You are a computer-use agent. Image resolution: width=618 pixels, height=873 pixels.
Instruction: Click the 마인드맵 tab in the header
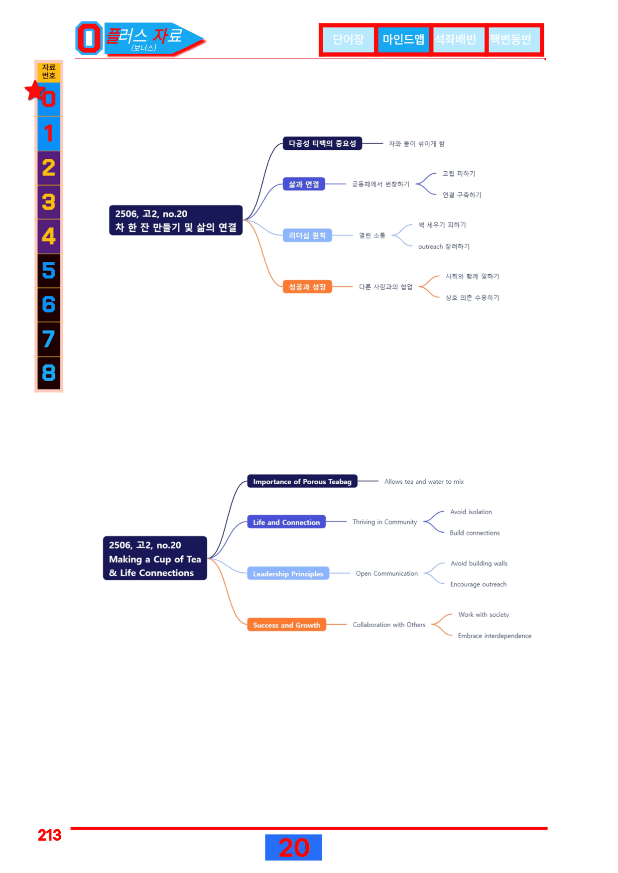click(x=403, y=39)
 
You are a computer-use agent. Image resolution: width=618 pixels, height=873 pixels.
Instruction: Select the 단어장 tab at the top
click(x=348, y=39)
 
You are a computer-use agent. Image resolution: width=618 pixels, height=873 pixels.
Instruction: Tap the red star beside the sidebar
click(x=35, y=91)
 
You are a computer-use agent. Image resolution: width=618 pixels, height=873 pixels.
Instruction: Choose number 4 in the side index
click(x=49, y=236)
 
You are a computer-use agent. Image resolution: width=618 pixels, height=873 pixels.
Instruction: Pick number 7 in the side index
click(x=49, y=339)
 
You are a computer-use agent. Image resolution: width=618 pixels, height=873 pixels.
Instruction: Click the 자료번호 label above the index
click(x=49, y=72)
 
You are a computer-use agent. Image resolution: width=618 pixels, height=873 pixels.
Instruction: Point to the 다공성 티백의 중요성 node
click(x=322, y=143)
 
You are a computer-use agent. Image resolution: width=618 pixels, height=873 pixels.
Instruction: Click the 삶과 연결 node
click(x=304, y=184)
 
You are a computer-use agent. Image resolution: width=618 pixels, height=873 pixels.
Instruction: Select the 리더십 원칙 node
click(x=307, y=235)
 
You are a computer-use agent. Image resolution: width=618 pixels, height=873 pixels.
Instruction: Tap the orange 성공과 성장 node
click(x=307, y=287)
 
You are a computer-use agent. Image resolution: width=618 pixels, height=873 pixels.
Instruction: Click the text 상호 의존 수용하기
click(x=472, y=298)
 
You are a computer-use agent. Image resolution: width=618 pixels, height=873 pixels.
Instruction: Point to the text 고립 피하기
click(x=459, y=174)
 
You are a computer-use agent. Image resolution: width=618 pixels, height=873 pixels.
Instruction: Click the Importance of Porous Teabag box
click(x=302, y=481)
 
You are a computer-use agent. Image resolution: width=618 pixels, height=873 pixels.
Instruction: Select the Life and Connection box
click(x=286, y=522)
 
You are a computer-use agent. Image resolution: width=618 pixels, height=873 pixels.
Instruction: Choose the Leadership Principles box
click(x=288, y=573)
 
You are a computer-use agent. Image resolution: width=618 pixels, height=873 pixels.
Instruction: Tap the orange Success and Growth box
click(x=286, y=625)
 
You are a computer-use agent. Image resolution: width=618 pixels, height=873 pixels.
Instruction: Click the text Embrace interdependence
click(x=494, y=636)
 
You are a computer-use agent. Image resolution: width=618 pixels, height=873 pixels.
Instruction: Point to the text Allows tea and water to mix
click(x=424, y=481)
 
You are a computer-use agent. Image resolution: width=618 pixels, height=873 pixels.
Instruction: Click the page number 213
click(x=49, y=835)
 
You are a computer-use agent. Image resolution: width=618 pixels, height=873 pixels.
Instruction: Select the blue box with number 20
click(x=293, y=847)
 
